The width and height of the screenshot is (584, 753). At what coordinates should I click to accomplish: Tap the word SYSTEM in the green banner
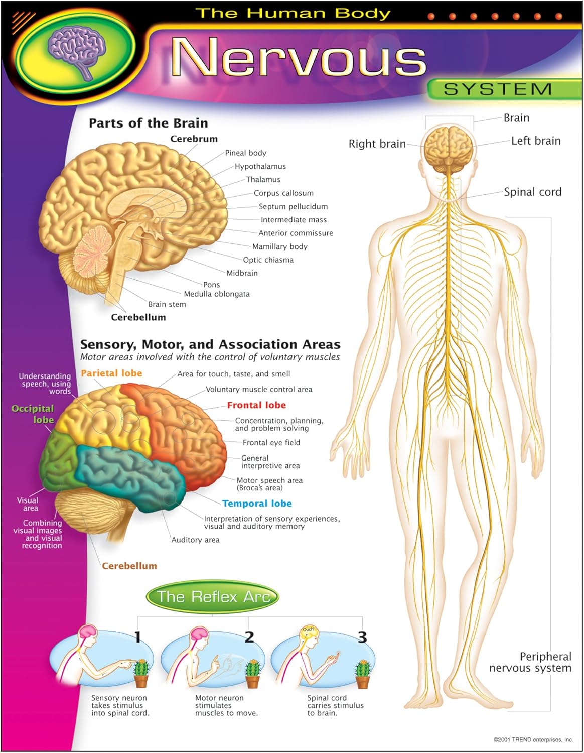point(498,89)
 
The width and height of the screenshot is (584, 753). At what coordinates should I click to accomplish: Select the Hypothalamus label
point(260,166)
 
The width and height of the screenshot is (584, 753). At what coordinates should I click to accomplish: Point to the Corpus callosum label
point(283,193)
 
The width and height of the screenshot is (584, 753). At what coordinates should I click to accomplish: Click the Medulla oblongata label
point(217,294)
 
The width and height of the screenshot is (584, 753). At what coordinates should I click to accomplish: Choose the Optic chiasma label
point(268,260)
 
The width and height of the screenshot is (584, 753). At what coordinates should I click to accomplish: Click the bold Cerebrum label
point(194,139)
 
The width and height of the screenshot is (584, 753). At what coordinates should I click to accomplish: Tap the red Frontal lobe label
point(256,405)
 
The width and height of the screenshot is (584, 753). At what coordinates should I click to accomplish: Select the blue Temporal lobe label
point(257,504)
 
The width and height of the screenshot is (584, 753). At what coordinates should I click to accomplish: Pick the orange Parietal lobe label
point(111,373)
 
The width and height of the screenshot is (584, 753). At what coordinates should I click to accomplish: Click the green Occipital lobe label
point(33,414)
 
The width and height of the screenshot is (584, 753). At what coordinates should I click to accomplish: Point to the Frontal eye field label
point(271,443)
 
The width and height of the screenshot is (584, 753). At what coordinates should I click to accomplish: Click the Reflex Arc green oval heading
point(213,597)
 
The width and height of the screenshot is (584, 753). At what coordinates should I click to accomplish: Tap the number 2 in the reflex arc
point(249,637)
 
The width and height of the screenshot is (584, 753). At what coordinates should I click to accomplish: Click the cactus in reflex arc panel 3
point(363,674)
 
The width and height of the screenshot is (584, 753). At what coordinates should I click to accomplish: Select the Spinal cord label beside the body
point(532,192)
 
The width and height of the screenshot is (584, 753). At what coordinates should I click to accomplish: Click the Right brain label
point(377,144)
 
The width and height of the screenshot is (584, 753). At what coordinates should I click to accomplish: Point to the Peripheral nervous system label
point(530,662)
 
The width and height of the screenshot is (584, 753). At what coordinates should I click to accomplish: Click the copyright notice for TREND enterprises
point(533,740)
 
